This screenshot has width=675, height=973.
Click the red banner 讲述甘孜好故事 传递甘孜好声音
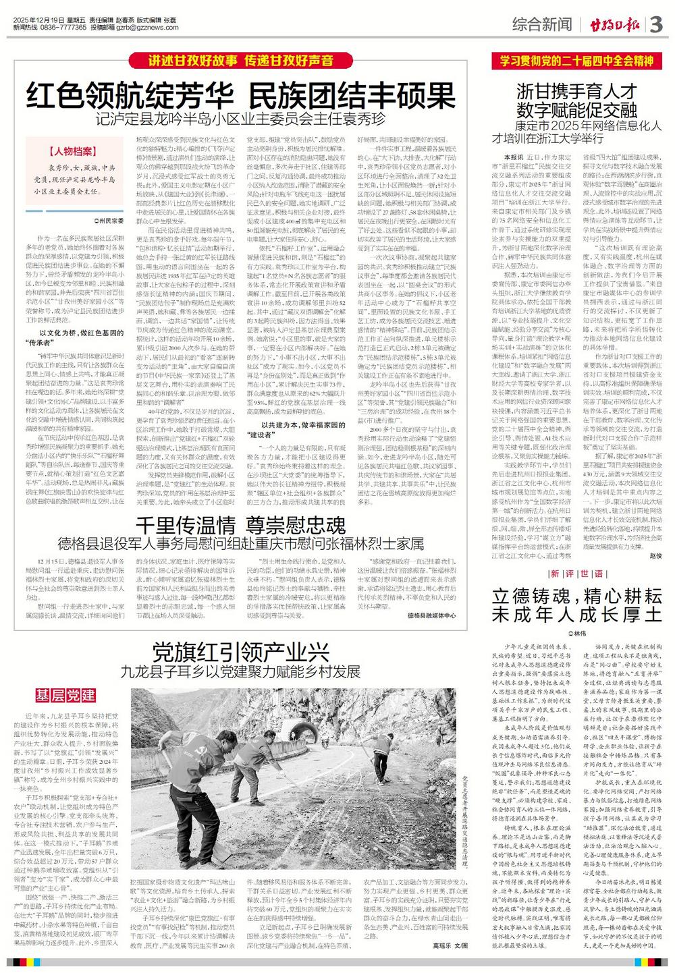(x=241, y=61)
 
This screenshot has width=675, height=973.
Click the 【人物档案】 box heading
(x=70, y=152)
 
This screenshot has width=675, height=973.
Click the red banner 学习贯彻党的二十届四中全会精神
(x=576, y=61)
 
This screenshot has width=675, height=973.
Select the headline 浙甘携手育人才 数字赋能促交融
(x=576, y=99)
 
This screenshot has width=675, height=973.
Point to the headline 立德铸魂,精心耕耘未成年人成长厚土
(x=576, y=605)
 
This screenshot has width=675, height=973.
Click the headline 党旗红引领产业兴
(x=241, y=652)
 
